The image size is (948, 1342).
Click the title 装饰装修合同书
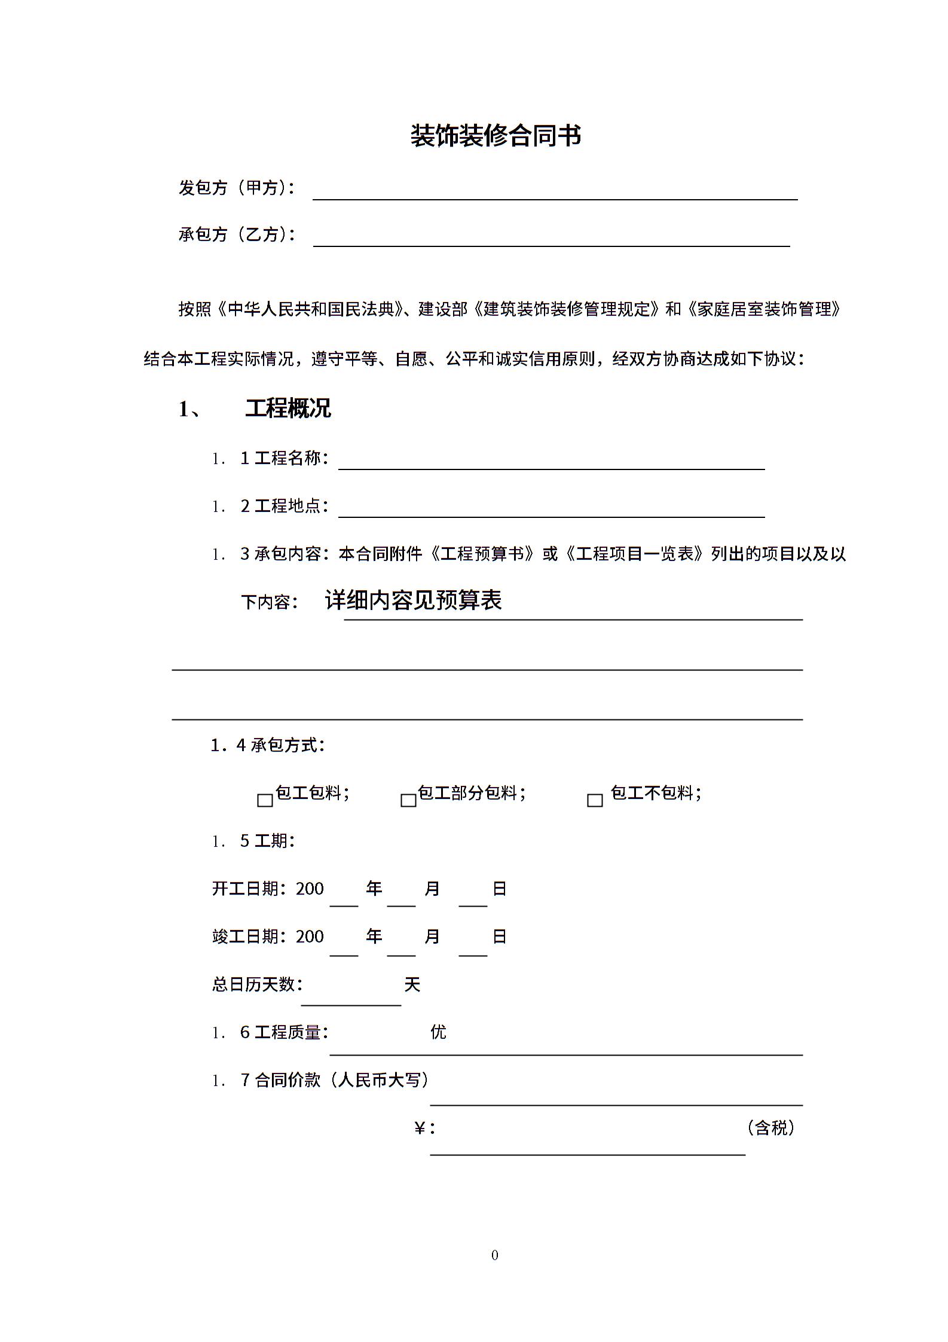(x=496, y=136)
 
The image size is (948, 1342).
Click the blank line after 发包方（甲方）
(x=555, y=191)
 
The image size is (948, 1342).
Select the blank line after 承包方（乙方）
(x=551, y=238)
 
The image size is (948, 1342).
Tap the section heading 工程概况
(x=288, y=408)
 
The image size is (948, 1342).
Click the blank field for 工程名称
(x=551, y=462)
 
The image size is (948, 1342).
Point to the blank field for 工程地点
(x=551, y=509)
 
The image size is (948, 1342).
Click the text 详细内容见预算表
(x=413, y=600)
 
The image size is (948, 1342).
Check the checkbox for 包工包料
(x=265, y=800)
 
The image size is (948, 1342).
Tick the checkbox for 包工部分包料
(x=408, y=800)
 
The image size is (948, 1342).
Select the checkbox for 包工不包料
(x=595, y=800)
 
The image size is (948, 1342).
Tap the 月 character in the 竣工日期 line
(x=432, y=937)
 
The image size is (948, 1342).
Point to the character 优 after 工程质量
(x=438, y=1032)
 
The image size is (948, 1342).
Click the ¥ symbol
(x=420, y=1128)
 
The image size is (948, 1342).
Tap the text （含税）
(x=770, y=1128)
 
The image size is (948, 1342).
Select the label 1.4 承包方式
(x=267, y=745)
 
